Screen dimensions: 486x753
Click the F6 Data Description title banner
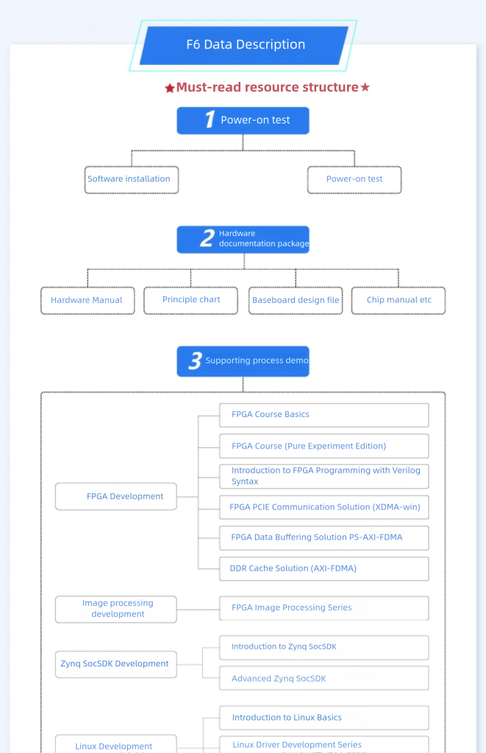pyautogui.click(x=244, y=45)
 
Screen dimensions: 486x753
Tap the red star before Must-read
pyautogui.click(x=170, y=88)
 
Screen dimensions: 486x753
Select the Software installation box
pyautogui.click(x=132, y=179)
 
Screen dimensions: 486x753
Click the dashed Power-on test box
pyautogui.click(x=354, y=179)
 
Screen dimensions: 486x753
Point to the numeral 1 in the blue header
pyautogui.click(x=210, y=119)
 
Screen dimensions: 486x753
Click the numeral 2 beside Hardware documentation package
pyautogui.click(x=207, y=238)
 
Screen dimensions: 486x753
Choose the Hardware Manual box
pyautogui.click(x=87, y=301)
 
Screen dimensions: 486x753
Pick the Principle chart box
pyautogui.click(x=190, y=301)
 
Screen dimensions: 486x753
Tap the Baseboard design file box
pyautogui.click(x=296, y=301)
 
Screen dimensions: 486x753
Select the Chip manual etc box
pyautogui.click(x=399, y=301)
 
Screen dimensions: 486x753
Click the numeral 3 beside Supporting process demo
pyautogui.click(x=195, y=360)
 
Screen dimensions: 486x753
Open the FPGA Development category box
pyautogui.click(x=115, y=496)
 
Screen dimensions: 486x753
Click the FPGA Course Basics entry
pyautogui.click(x=324, y=415)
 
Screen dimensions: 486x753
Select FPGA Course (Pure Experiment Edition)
pyautogui.click(x=324, y=446)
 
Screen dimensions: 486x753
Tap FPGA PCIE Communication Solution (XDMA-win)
pyautogui.click(x=324, y=507)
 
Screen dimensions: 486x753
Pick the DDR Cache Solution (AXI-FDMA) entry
pyautogui.click(x=324, y=568)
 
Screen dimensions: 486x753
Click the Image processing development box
pyautogui.click(x=115, y=609)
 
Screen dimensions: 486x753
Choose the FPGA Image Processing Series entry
pyautogui.click(x=324, y=608)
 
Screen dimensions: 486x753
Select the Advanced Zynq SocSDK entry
pyautogui.click(x=324, y=678)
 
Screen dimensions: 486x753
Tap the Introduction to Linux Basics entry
pyautogui.click(x=324, y=718)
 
